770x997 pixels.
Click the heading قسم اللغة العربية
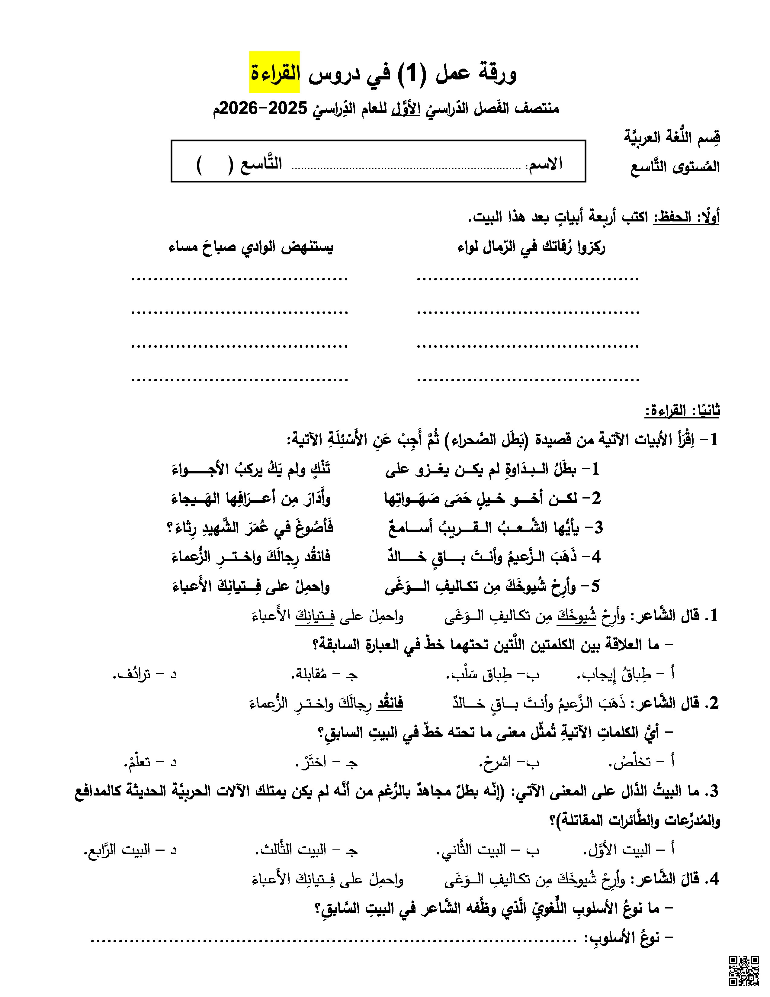(672, 137)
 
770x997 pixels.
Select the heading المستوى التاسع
(675, 167)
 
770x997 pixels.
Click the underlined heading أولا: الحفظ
(687, 217)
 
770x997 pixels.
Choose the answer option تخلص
(641, 761)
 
